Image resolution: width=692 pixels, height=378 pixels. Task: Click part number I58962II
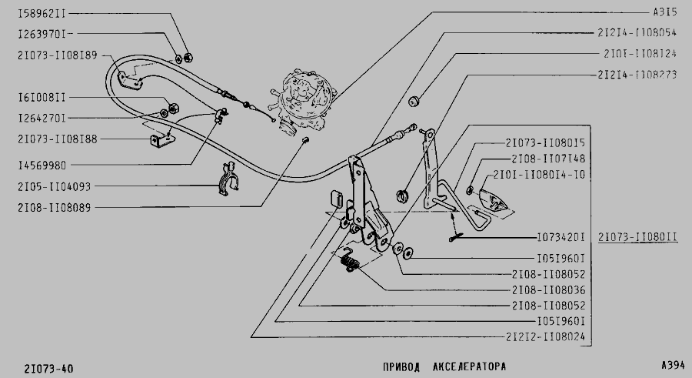pos(42,14)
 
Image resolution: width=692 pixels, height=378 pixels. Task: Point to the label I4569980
pos(42,164)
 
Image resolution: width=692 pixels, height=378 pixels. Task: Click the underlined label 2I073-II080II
pos(637,237)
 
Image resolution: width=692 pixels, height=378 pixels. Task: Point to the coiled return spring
pos(350,266)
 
